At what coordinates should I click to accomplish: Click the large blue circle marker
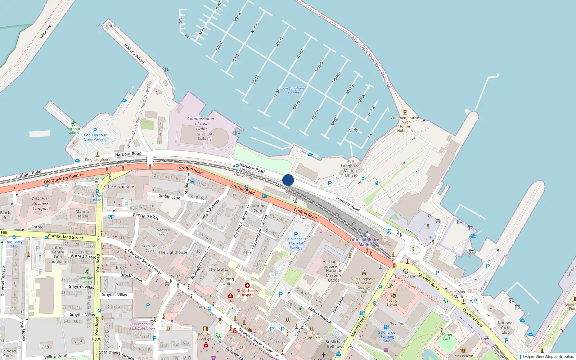[x=288, y=180]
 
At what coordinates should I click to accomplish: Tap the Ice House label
[x=108, y=26]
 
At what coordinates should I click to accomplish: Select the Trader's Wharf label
[x=134, y=53]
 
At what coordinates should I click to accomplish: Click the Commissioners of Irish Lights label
[x=202, y=123]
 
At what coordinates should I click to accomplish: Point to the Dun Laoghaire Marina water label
[x=293, y=90]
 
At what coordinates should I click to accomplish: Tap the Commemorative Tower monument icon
[x=405, y=112]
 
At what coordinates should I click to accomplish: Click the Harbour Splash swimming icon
[x=73, y=123]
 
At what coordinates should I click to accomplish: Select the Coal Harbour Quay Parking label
[x=95, y=137]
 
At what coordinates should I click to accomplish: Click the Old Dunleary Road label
[x=61, y=179]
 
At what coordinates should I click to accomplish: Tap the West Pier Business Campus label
[x=40, y=203]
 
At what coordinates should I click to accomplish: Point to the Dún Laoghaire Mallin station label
[x=364, y=242]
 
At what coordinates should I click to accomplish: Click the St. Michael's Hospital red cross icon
[x=247, y=285]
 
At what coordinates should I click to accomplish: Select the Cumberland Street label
[x=66, y=237]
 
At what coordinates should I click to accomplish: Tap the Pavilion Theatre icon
[x=393, y=295]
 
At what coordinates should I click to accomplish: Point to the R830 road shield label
[x=97, y=339]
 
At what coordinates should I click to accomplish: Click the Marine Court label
[x=258, y=208]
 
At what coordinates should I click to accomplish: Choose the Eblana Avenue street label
[x=320, y=315]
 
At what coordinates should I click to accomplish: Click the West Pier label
[x=46, y=31]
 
